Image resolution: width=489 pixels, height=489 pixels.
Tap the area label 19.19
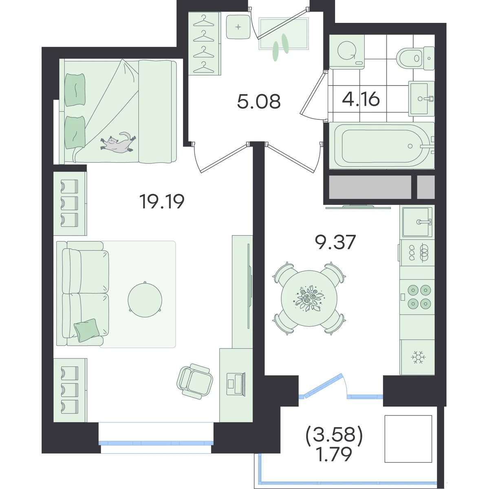[162, 201]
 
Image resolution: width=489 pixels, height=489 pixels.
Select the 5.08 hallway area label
[259, 101]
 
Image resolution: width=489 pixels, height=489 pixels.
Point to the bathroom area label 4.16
[361, 99]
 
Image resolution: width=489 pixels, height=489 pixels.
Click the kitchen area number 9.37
[335, 242]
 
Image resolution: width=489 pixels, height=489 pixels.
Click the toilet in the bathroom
[415, 58]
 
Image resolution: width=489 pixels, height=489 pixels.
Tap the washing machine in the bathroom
[347, 52]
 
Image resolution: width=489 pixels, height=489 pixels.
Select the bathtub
[382, 145]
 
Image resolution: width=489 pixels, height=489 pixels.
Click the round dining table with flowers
[309, 298]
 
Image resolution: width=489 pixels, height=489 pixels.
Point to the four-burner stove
[417, 297]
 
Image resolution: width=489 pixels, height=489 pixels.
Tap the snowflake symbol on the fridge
[418, 357]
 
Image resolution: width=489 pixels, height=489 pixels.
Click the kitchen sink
[417, 222]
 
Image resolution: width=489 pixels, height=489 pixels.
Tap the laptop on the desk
[236, 384]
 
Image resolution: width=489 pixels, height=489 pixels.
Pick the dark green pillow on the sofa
[87, 330]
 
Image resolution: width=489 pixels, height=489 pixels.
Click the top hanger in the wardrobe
[204, 21]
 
